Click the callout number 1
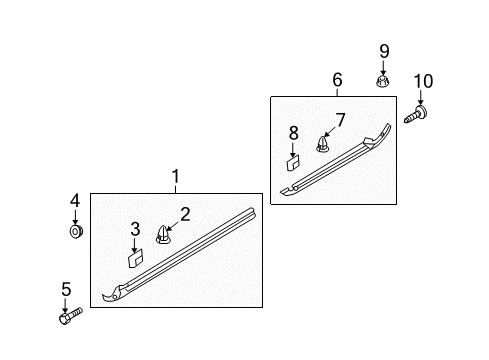(175, 178)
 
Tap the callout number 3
(136, 228)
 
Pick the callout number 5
(66, 290)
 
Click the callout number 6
(337, 79)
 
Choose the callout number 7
(339, 121)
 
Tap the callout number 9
(382, 50)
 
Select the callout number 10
(423, 81)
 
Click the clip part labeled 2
(164, 235)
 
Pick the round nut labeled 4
(75, 232)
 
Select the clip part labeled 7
(323, 144)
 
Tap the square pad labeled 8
(293, 157)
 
